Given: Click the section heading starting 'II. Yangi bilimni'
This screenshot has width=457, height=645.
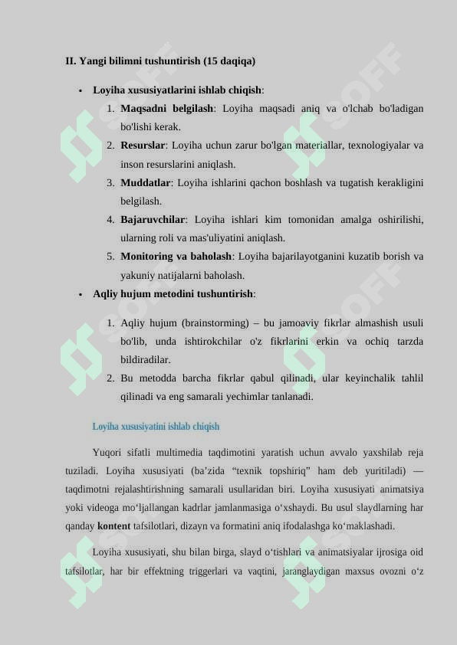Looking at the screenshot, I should point(160,61).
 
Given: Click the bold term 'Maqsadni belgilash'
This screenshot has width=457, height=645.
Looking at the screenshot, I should point(166,109).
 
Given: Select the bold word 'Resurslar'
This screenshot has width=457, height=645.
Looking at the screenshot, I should point(143,146).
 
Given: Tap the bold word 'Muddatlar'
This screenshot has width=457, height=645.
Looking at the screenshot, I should point(145,183).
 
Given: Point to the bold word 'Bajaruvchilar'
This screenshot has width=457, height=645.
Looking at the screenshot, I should point(153,220).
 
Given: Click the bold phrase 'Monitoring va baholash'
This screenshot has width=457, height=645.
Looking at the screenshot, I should point(176,257).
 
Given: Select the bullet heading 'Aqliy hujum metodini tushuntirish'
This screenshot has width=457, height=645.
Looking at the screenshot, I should point(173,294).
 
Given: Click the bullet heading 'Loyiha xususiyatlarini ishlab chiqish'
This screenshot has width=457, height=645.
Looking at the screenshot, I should point(177,90).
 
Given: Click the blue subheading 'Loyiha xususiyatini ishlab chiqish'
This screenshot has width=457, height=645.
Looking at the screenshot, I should point(156,427).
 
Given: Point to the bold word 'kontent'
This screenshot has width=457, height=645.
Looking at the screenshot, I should point(113,526).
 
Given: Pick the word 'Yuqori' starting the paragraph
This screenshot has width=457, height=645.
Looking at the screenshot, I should point(107,452).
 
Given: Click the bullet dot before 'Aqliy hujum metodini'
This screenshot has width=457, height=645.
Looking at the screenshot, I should point(80,294).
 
